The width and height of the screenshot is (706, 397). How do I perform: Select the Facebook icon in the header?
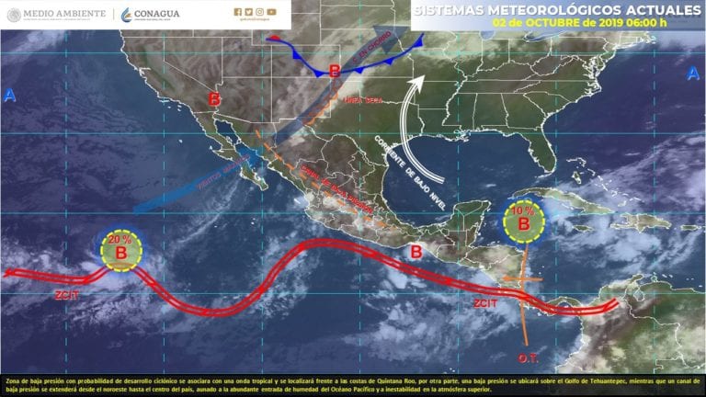coord(237,12)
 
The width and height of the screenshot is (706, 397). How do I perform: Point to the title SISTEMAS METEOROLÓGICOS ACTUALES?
coord(550,9)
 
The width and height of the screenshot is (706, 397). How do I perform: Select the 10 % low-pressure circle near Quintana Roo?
coord(523,221)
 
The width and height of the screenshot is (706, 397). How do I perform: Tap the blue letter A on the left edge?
coord(9,96)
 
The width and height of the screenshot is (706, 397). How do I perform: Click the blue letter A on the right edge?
coord(691,73)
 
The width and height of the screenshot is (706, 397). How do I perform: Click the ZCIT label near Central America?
coord(485,301)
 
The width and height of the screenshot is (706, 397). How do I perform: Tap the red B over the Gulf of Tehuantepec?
coord(416,251)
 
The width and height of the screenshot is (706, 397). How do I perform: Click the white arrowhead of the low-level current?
coord(418,83)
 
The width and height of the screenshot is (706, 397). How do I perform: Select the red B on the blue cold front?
coord(335,69)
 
